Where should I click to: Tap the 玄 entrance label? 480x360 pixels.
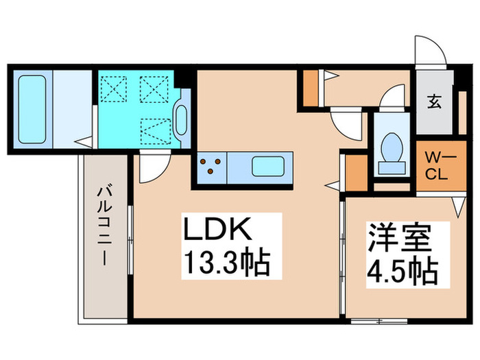(x=435, y=104)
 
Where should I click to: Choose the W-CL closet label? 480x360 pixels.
(x=435, y=165)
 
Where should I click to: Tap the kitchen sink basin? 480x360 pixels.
(x=268, y=167)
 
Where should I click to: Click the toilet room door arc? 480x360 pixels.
(x=394, y=95)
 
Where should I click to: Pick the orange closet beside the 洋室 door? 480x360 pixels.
(x=355, y=173)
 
